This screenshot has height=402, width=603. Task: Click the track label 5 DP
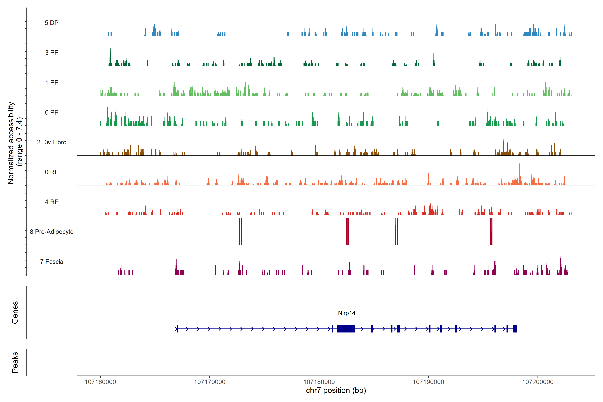click(x=52, y=23)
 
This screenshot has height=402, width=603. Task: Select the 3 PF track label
click(x=52, y=53)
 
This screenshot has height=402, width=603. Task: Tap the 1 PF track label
click(x=52, y=83)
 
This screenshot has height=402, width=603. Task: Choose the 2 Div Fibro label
click(x=52, y=142)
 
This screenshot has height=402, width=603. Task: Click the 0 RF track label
click(x=52, y=172)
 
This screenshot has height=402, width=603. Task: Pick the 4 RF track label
click(x=52, y=202)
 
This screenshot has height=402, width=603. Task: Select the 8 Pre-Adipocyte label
click(x=52, y=232)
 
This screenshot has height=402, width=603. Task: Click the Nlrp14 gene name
click(x=347, y=313)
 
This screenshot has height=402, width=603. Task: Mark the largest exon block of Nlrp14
click(x=346, y=329)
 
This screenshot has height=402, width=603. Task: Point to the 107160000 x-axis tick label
click(x=100, y=382)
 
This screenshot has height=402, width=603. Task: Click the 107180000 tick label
click(x=319, y=382)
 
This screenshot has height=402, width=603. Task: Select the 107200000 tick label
click(x=538, y=382)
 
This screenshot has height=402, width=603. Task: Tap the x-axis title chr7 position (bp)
click(x=336, y=390)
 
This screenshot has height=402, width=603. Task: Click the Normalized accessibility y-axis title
click(x=15, y=143)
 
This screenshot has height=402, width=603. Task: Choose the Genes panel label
click(x=15, y=313)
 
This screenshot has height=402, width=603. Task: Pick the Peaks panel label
click(x=15, y=362)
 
